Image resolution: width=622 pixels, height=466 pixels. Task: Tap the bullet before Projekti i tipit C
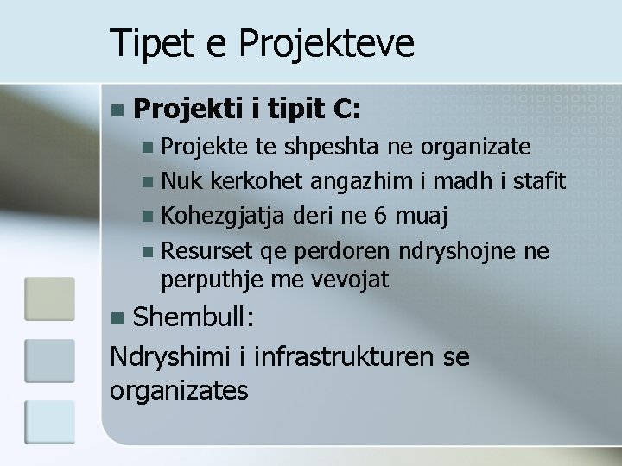click(118, 110)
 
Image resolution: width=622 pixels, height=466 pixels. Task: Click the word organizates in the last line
click(179, 390)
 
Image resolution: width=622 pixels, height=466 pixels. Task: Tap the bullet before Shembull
click(118, 318)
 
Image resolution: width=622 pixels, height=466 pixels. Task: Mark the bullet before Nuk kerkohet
click(150, 183)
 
